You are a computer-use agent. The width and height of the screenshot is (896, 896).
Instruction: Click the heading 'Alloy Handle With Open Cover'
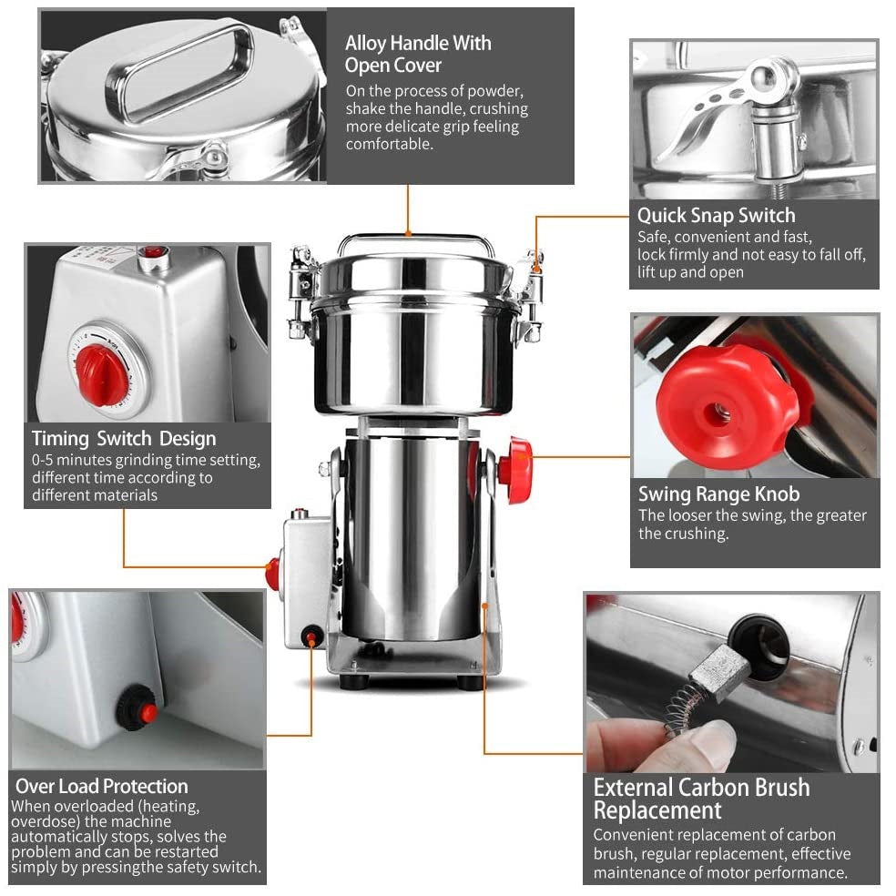418,54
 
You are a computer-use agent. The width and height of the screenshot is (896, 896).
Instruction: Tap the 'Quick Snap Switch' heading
716,216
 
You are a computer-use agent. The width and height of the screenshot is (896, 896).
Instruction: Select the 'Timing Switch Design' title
124,438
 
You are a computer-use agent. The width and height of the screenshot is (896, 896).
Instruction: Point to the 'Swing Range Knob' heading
718,494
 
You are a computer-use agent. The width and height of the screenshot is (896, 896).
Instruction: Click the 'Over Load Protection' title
102,787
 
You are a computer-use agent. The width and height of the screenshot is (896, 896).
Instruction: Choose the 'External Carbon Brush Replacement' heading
702,799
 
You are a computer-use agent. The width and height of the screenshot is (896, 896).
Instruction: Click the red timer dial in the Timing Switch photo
99,374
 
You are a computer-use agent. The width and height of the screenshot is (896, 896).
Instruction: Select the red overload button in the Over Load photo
148,712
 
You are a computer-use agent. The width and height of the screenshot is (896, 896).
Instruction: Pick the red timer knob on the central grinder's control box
273,573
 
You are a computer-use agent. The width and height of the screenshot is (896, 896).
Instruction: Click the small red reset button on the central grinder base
311,636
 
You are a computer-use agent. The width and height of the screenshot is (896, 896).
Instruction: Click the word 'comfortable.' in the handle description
390,144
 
